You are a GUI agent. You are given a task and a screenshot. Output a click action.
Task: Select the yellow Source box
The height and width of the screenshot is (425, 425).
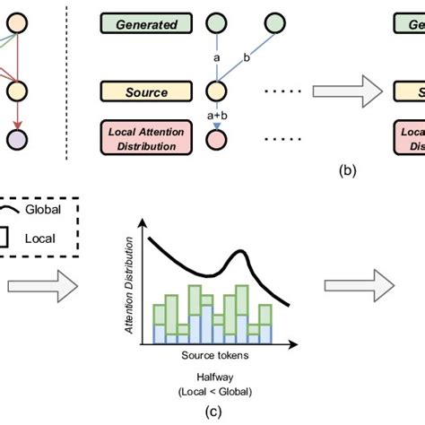[145, 91]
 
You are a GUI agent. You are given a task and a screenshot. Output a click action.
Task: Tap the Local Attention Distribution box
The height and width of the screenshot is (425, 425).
[145, 139]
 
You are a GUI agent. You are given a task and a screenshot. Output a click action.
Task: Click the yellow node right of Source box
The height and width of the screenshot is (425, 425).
[214, 91]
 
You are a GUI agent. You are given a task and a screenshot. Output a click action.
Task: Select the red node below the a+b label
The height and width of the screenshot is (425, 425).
[214, 139]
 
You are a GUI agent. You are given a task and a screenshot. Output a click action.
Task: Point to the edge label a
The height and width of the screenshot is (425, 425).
[216, 57]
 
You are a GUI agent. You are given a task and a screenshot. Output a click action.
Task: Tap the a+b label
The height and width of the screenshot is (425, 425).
[216, 115]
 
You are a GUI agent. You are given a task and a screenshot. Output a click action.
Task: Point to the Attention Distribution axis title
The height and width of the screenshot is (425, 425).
[132, 286]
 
